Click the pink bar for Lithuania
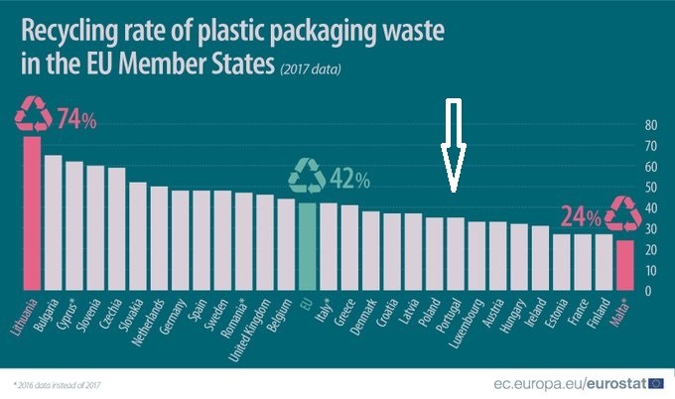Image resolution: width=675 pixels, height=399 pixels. coord(31,213)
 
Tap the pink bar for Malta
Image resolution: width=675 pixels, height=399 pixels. coord(625,265)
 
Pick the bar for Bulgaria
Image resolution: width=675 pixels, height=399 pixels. coord(53,223)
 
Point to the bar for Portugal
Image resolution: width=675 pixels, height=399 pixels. coord(456,254)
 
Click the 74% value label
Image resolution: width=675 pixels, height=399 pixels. coord(76,121)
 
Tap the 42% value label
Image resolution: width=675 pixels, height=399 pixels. coord(349,181)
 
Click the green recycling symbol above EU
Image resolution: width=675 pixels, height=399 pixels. coord(307,177)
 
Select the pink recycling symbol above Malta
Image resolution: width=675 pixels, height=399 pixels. coord(625,213)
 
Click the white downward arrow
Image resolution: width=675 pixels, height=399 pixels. coord(454,144)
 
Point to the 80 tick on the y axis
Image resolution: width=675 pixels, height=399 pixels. coord(651,125)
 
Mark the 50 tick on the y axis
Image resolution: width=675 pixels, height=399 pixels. coord(651,188)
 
